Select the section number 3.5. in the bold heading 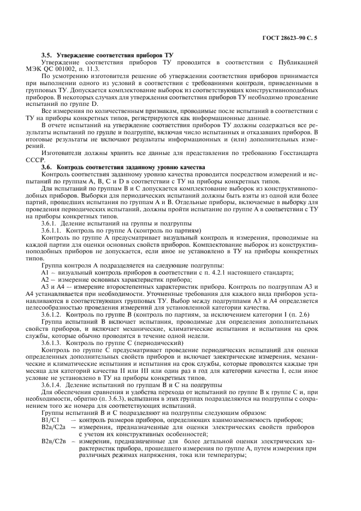click(49, 56)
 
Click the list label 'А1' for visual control click(46, 272)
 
